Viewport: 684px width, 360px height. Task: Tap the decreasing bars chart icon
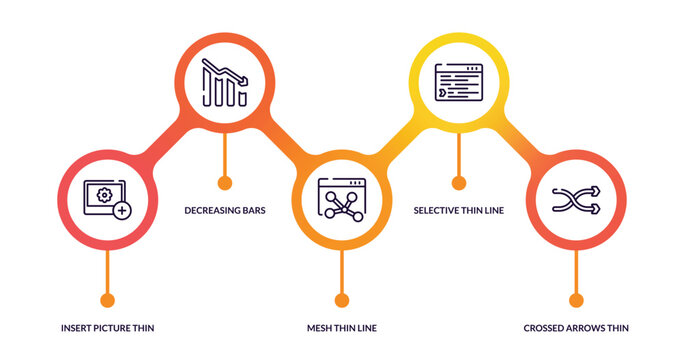[x=224, y=83]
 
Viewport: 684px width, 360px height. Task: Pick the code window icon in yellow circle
[x=458, y=83]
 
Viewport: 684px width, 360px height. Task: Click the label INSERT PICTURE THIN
[x=107, y=328]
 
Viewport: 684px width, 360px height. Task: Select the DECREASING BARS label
[x=225, y=211]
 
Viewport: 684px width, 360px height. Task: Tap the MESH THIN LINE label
[x=341, y=328]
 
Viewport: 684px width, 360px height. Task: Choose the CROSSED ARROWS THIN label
[x=576, y=328]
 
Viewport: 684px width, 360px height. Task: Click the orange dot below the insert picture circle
[x=107, y=300]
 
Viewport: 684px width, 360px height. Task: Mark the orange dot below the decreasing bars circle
[x=224, y=183]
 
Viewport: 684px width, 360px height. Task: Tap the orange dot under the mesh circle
[x=341, y=300]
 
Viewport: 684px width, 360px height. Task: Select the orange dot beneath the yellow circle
[x=459, y=183]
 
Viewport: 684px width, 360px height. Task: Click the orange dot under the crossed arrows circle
[x=576, y=300]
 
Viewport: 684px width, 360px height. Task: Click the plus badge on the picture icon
[x=121, y=211]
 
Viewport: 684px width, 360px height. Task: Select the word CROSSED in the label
[x=544, y=328]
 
